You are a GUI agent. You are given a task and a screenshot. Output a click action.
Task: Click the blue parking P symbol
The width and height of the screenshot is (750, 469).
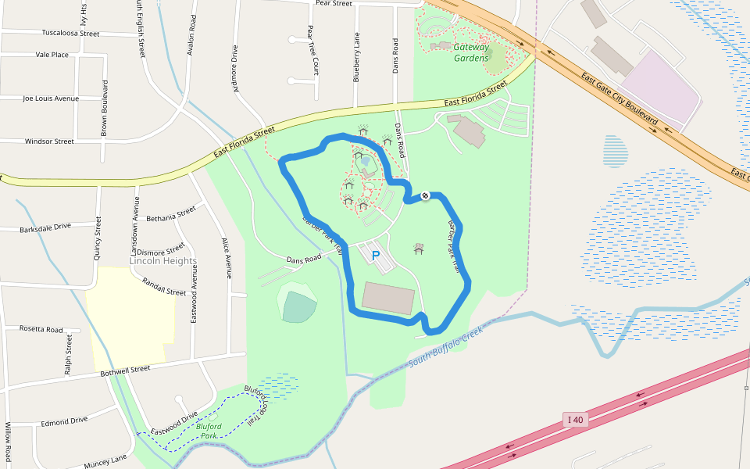point(375,255)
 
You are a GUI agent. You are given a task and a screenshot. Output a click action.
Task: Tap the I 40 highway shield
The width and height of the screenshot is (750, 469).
point(575,420)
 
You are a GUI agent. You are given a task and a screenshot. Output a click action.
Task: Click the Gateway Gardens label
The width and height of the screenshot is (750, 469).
point(471,52)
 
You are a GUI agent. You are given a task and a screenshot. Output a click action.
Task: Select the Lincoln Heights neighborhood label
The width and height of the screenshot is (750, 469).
point(163,261)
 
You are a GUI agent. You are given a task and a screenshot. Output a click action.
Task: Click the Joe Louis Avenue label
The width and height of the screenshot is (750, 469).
point(51,98)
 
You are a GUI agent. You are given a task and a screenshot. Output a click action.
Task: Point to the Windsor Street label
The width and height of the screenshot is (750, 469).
point(49,141)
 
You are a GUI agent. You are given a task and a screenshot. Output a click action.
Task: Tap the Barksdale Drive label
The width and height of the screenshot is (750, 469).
point(45,226)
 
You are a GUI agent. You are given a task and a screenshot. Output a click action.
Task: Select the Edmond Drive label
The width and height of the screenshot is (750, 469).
point(64,421)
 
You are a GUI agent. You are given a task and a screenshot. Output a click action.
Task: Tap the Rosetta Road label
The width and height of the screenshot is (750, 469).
point(41,329)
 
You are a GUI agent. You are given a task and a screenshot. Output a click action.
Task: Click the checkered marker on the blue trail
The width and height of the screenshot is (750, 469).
point(424,195)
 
